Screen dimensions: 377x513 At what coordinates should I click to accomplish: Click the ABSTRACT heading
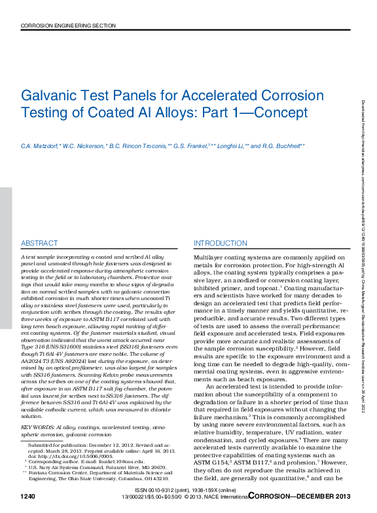[39, 243]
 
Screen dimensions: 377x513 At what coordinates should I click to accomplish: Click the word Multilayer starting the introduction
[211, 257]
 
